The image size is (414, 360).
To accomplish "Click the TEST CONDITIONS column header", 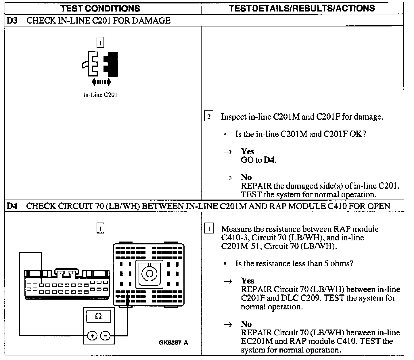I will pos(100,8).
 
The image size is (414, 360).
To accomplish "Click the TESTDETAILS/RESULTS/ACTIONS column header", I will pos(302,8).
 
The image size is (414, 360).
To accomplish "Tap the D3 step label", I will pos(11,21).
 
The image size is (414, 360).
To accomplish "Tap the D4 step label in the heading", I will pos(11,206).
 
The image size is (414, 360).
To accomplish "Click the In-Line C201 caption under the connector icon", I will pos(100,95).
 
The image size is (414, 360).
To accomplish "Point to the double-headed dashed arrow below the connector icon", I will pos(101,82).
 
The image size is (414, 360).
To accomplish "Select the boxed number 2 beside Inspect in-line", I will pos(209,117).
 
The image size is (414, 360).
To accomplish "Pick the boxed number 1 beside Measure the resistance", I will pos(209,229).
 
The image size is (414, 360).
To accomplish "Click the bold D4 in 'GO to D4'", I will pos(270,160).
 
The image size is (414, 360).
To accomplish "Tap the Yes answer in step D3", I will pos(247,151).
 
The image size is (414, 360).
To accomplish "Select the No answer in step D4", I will pos(246,324).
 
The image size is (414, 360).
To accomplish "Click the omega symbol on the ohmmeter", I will pos(98,317).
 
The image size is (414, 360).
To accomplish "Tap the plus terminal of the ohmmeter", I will pos(92,336).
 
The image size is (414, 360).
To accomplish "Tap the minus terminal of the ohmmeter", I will pos(105,336).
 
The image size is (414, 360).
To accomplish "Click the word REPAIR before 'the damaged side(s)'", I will pos(256,186).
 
